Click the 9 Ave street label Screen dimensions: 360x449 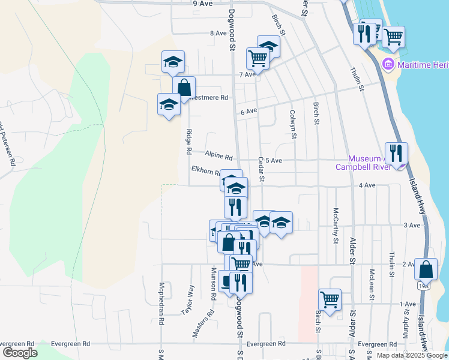coord(203,4)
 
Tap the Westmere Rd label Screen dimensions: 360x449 coord(208,97)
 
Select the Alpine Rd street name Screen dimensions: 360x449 coord(218,155)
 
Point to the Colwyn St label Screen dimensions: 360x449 coord(293,124)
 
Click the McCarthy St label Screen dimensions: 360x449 coord(336,223)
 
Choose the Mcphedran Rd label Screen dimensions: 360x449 coord(161,304)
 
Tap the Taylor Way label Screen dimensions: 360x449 coord(187,299)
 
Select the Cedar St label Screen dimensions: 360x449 coord(261,169)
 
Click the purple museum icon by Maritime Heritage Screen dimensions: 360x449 coord(388,64)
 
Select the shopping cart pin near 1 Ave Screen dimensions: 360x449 coord(330,299)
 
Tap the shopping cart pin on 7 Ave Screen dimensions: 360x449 coord(258,58)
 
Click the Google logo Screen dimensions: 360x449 coord(20,353)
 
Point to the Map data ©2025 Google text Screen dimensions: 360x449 coord(412,355)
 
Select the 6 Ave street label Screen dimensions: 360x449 coord(249,112)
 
